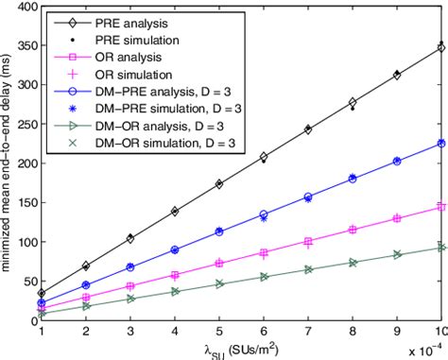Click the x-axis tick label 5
pyautogui.click(x=219, y=332)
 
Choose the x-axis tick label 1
pyautogui.click(x=41, y=332)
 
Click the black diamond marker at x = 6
pyautogui.click(x=264, y=157)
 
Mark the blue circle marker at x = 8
pyautogui.click(x=353, y=178)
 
